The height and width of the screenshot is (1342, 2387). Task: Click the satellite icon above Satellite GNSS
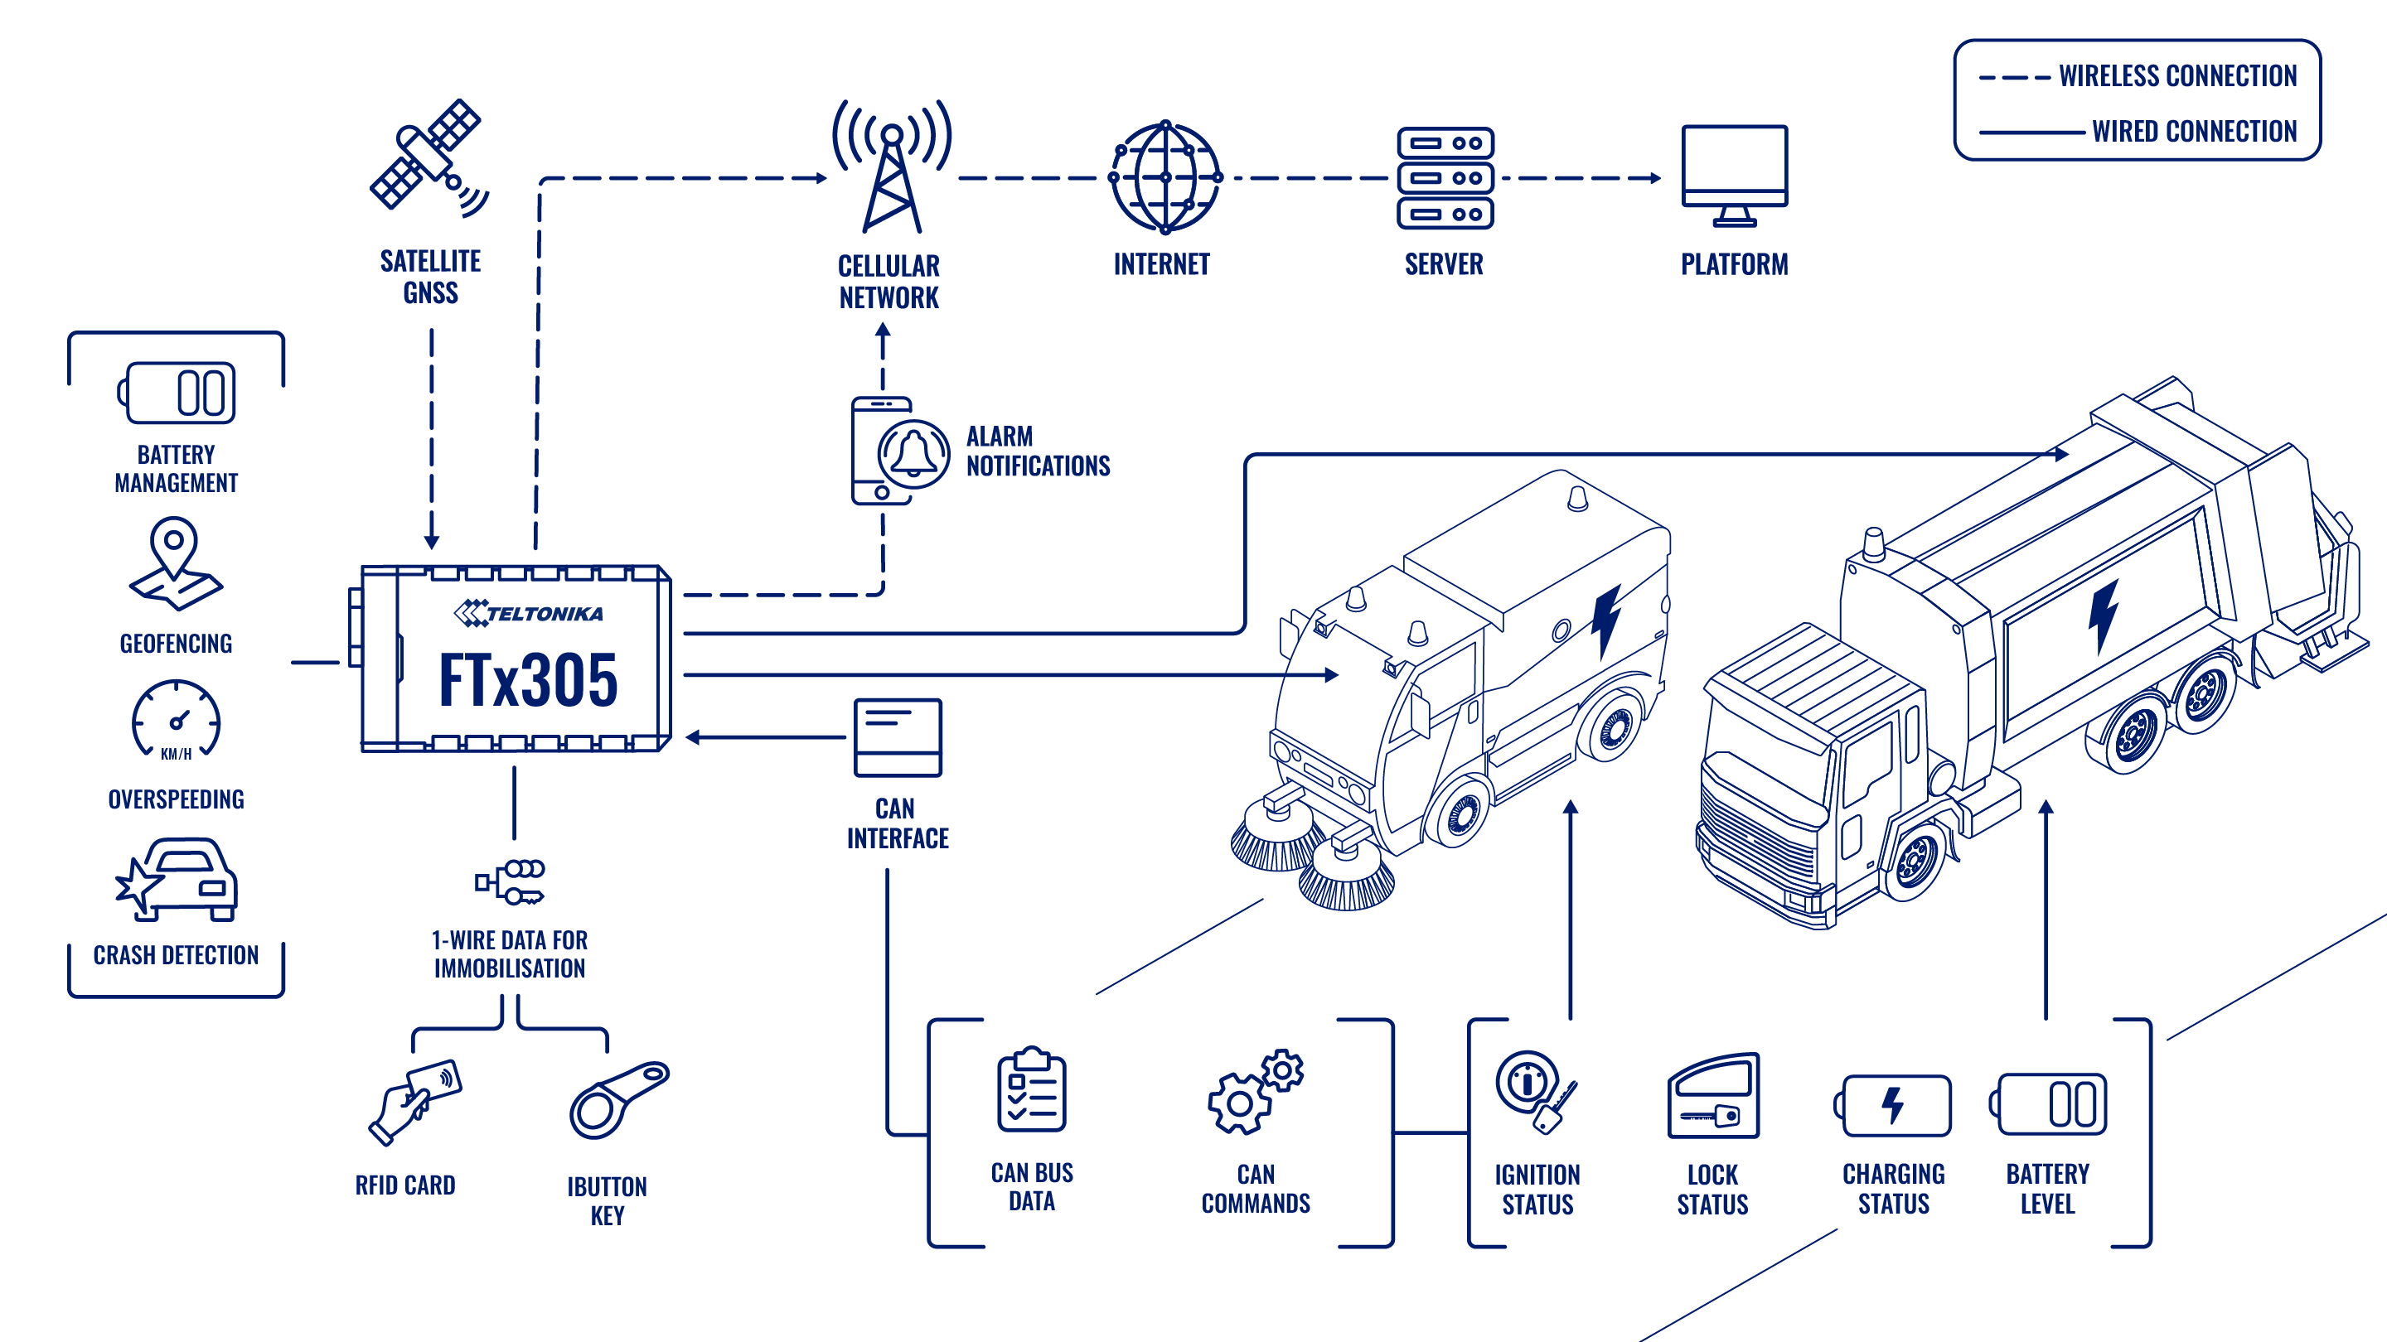(428, 157)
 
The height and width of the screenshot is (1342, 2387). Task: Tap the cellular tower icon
(892, 167)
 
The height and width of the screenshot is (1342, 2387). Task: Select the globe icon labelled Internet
(1164, 177)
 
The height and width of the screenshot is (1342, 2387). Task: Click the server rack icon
(1445, 178)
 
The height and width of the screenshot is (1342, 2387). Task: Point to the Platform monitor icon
(1735, 176)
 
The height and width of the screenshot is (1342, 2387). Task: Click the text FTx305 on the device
(527, 681)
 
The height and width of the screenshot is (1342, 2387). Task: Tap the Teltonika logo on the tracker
(528, 613)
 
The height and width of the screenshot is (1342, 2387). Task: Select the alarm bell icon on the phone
(913, 454)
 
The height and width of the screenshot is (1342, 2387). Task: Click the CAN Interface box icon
(897, 737)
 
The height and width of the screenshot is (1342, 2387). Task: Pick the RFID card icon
(414, 1101)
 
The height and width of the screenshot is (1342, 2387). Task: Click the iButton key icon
(618, 1100)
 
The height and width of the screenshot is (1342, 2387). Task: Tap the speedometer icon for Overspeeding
(176, 720)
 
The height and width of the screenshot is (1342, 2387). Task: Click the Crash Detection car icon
(177, 880)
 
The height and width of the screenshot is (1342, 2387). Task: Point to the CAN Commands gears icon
(1256, 1092)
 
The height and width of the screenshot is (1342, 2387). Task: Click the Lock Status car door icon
(1713, 1096)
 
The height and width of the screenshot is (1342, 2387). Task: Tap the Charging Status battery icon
(1892, 1105)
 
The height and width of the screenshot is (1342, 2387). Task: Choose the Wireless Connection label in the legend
(2177, 76)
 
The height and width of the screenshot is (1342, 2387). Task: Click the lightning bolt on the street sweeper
(1606, 621)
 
